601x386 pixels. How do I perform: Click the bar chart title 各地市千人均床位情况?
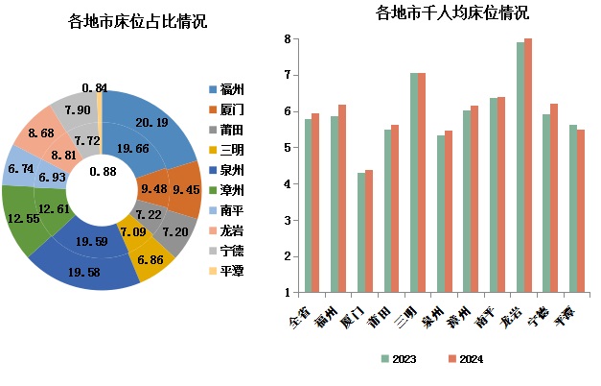click(x=438, y=13)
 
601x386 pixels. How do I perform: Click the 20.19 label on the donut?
click(x=151, y=122)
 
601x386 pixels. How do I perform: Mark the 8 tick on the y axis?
click(x=286, y=40)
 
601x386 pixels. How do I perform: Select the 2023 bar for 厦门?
click(x=361, y=232)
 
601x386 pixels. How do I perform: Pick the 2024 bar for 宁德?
click(x=554, y=198)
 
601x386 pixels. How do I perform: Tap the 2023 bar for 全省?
click(x=309, y=205)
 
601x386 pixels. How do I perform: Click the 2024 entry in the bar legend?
click(x=465, y=359)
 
